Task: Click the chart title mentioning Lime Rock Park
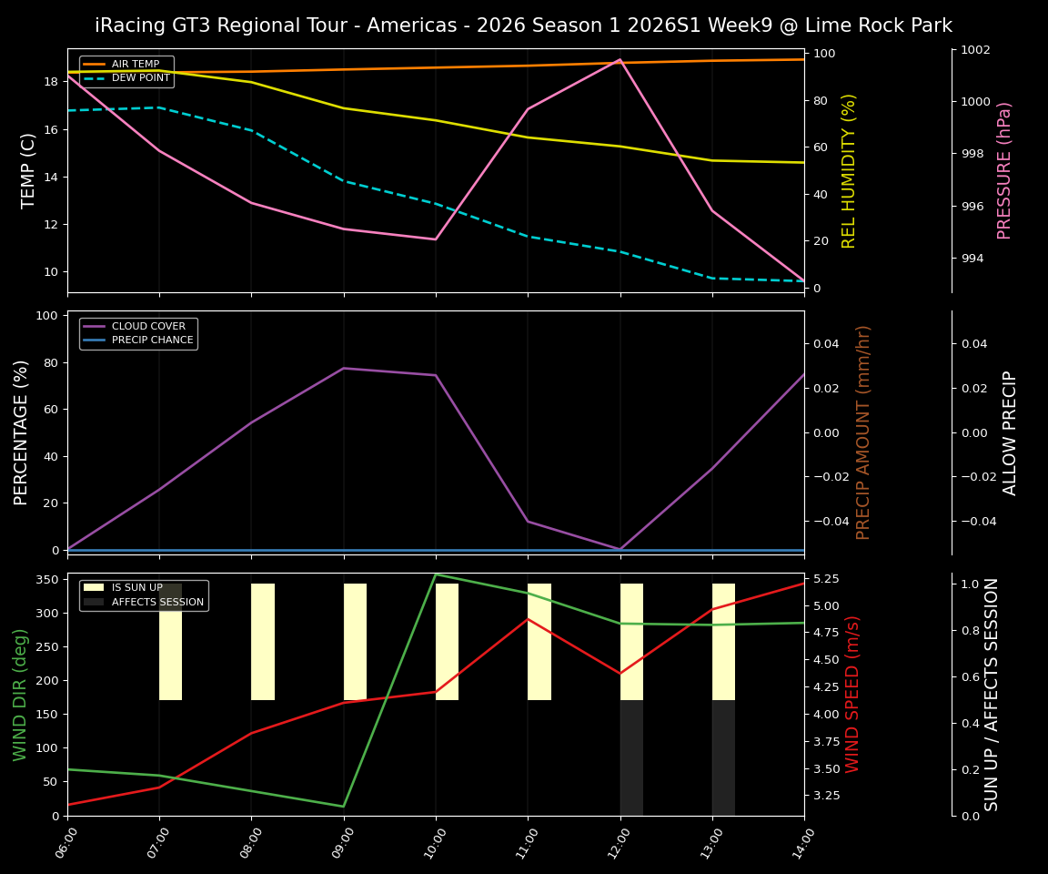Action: coord(523,25)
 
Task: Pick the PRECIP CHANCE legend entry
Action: coord(152,340)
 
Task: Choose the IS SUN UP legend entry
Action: coord(137,588)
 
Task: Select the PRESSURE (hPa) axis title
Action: coord(1004,170)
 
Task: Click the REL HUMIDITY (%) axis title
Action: coord(850,170)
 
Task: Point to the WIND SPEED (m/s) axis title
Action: coord(852,694)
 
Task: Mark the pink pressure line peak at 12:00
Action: coord(620,59)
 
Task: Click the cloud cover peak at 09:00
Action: coord(344,368)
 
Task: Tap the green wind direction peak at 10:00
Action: coord(436,574)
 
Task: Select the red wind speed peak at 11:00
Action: coord(528,619)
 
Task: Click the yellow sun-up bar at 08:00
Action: coord(263,642)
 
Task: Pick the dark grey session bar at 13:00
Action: coord(723,757)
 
